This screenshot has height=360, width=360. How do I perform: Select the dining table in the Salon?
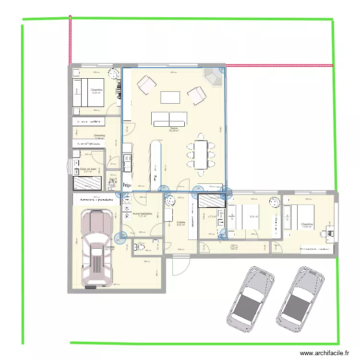coord(200,154)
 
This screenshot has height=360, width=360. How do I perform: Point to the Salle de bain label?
coord(89,170)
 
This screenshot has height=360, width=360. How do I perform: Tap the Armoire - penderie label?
coord(94,199)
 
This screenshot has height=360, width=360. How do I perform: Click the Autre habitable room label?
coord(143,215)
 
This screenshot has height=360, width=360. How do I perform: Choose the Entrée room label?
coord(181,223)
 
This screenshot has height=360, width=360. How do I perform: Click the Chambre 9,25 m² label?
coord(96,91)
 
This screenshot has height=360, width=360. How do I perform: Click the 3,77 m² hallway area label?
coord(234,248)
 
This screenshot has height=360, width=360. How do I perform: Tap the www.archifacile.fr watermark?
coord(325,353)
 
